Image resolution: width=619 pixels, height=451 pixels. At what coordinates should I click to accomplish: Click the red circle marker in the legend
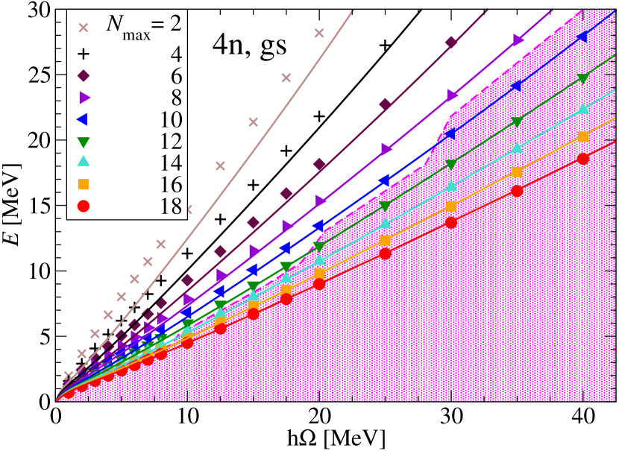tap(84, 206)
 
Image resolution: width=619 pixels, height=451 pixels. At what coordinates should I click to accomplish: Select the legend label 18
tap(172, 206)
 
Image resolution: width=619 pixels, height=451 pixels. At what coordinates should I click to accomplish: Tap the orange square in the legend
tap(84, 184)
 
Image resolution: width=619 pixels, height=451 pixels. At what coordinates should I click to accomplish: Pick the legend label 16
tap(172, 184)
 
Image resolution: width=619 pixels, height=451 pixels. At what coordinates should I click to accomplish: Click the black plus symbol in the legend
tap(84, 54)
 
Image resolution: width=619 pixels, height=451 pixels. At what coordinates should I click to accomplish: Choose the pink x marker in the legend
tap(84, 28)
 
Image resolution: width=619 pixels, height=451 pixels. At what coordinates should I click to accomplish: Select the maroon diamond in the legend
tap(84, 75)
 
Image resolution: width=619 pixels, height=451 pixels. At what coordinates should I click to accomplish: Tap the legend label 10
tap(172, 119)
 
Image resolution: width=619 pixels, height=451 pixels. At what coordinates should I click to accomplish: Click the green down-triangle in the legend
tap(84, 141)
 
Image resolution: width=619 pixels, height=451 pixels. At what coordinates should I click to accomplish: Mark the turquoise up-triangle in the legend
tap(84, 162)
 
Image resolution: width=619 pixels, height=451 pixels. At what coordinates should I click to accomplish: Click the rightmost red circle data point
tap(583, 159)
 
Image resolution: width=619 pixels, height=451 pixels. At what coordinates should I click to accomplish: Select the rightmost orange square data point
tap(583, 136)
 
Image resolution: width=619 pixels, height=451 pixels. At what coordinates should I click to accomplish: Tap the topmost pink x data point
tap(319, 33)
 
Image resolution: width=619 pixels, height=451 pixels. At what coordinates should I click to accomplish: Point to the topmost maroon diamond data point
tap(450, 42)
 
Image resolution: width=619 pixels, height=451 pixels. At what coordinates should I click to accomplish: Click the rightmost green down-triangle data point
tap(583, 78)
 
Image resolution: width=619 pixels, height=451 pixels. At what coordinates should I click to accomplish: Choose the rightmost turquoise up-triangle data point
tap(583, 110)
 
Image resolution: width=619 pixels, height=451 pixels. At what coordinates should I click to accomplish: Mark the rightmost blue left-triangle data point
tap(582, 37)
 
